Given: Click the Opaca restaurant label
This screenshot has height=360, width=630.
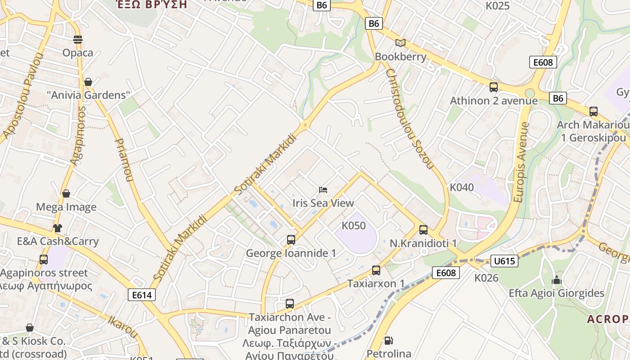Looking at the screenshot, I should [78, 53].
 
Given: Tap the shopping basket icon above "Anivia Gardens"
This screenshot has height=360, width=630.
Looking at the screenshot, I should [88, 82].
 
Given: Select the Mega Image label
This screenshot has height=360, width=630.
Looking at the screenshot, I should [66, 207].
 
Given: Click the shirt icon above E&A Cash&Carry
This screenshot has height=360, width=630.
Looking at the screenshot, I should [57, 228].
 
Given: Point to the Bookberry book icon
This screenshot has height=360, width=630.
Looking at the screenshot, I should [400, 43].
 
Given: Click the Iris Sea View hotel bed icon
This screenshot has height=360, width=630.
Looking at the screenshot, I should [323, 190].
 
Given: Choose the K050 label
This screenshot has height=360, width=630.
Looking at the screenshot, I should [354, 225].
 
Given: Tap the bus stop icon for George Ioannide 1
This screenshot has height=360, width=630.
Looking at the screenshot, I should [291, 240].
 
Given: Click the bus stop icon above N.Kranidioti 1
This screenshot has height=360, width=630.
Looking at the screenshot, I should [423, 230].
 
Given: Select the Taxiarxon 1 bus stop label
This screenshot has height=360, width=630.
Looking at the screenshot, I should [376, 283].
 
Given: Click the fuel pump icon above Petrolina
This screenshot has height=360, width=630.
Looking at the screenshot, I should [388, 341].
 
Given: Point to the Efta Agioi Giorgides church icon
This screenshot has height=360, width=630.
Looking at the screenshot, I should [557, 280].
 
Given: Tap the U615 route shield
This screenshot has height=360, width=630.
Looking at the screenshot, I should [504, 261].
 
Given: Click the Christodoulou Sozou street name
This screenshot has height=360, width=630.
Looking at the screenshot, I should [409, 119].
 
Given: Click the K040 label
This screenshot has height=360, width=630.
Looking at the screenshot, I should [462, 187].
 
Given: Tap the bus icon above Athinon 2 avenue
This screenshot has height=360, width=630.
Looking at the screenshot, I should [494, 87].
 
